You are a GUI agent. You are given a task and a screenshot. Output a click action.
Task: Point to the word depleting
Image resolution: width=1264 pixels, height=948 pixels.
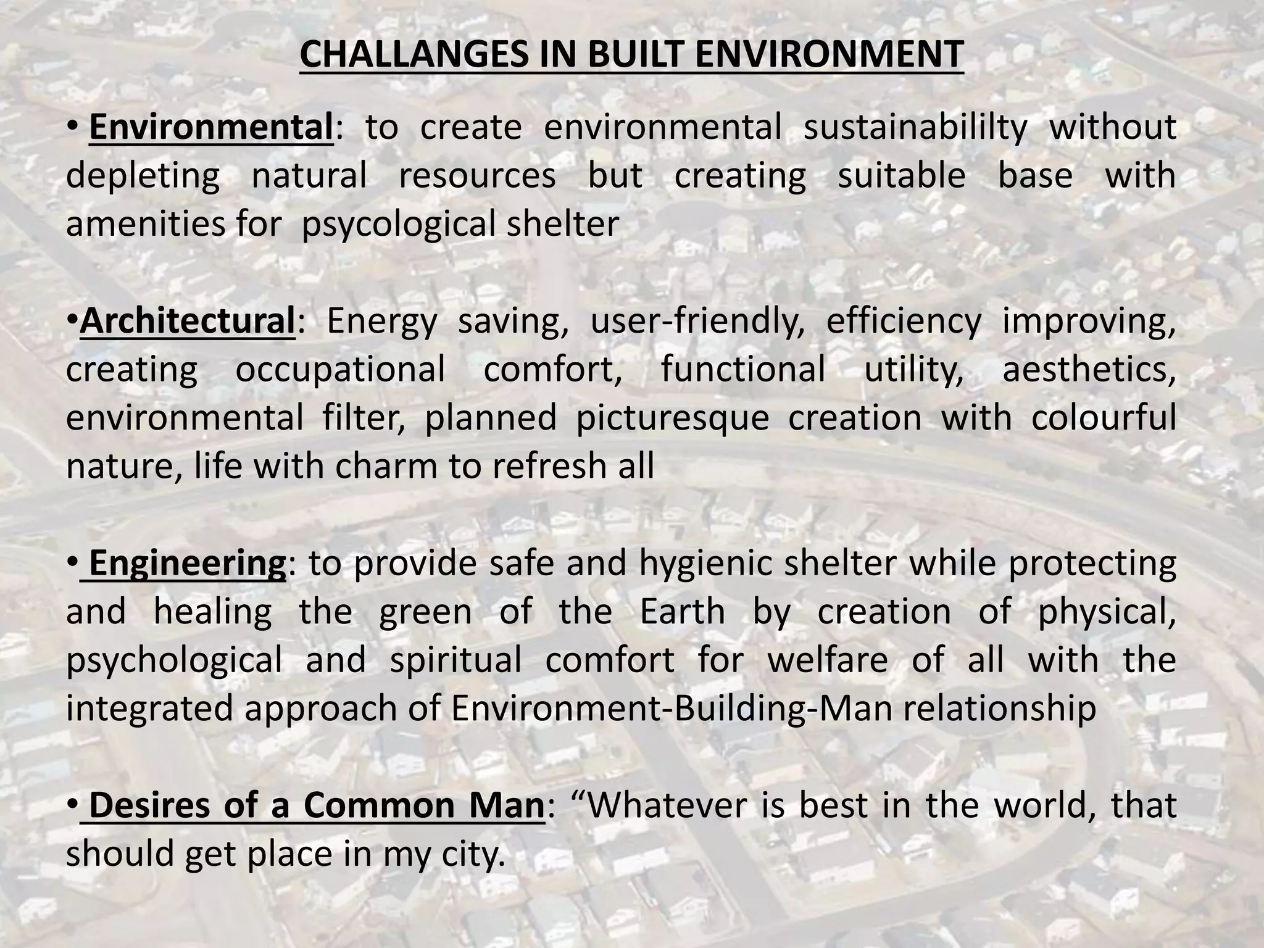143,176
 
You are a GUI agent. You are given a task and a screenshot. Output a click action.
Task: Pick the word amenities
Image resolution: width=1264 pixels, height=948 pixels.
143,223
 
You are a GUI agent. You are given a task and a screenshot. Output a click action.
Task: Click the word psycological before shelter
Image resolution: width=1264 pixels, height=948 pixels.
398,224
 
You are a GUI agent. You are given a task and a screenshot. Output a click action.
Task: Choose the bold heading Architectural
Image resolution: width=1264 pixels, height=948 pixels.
188,321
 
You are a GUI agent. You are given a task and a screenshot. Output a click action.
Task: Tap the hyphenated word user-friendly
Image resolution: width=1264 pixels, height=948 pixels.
697,321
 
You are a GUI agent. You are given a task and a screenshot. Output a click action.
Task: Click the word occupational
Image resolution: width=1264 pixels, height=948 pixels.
340,369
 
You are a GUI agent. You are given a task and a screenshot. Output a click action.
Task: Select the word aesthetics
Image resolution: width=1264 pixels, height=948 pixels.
1089,369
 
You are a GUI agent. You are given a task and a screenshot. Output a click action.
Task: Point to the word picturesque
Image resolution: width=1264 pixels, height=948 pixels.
672,418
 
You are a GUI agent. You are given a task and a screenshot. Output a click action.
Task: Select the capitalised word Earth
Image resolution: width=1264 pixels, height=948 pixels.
682,612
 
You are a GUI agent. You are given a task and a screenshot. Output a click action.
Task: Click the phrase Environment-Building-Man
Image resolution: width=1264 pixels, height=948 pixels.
671,708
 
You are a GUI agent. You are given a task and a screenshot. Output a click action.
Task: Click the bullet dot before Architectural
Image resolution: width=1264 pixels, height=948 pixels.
73,321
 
